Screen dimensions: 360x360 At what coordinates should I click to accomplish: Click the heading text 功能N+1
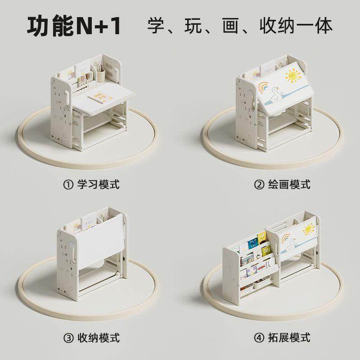pos(74,27)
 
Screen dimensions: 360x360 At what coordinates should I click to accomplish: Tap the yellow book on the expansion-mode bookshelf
pos(262,238)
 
